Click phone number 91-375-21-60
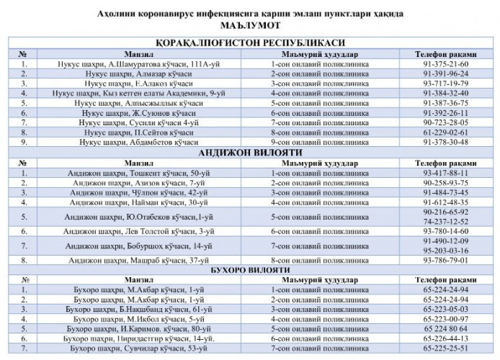[445, 64]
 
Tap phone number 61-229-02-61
[445, 132]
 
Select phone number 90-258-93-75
[445, 184]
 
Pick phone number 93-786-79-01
[445, 259]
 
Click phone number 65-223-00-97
[445, 318]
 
